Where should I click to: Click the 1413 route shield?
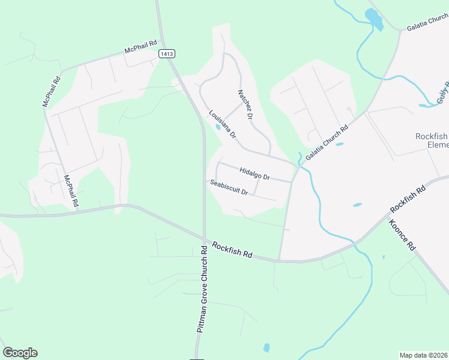click(x=167, y=54)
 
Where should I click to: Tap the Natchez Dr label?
click(x=246, y=104)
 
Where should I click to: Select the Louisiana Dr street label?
click(x=222, y=122)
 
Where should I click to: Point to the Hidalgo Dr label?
click(x=255, y=173)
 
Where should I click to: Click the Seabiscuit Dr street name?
click(x=229, y=187)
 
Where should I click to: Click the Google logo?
click(x=20, y=353)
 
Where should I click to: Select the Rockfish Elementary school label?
click(x=432, y=140)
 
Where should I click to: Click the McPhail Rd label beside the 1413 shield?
click(x=140, y=47)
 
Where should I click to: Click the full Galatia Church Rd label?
click(x=327, y=143)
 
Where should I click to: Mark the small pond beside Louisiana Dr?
click(x=217, y=127)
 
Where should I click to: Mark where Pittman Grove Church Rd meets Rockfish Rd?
click(x=204, y=239)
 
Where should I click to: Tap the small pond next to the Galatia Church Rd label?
click(x=340, y=144)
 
